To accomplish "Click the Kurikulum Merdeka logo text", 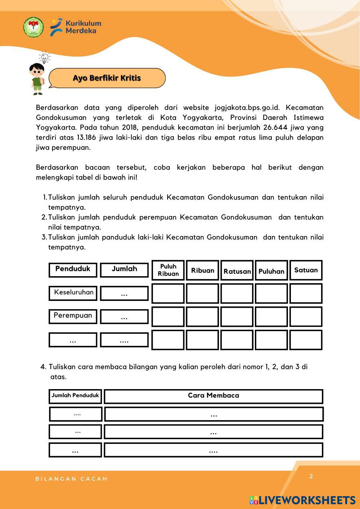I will click(83, 27).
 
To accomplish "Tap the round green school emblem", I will click(33, 27).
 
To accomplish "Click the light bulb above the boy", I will click(44, 58).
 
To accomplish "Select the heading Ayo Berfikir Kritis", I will click(107, 78).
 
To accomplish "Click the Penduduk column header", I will click(73, 269).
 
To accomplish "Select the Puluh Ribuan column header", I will click(168, 270).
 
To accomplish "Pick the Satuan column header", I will click(306, 270).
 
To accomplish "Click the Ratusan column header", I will click(237, 271).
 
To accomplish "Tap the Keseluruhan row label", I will click(73, 293).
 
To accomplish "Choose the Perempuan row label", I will click(73, 316).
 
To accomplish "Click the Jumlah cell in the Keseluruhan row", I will click(124, 293).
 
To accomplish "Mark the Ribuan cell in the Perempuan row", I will click(202, 317).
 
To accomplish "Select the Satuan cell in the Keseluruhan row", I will click(306, 293).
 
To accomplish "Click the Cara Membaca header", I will click(213, 396).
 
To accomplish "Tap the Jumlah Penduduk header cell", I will click(75, 396).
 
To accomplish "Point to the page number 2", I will click(311, 476).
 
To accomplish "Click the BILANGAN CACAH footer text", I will click(71, 479).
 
